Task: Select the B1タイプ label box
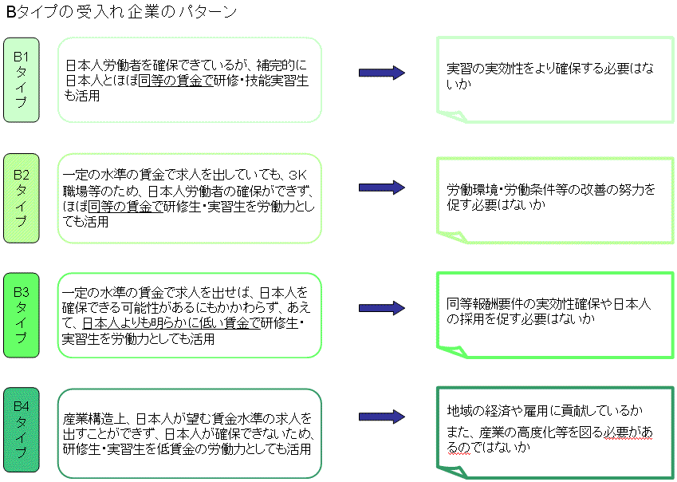click(x=22, y=79)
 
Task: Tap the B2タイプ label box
click(x=22, y=198)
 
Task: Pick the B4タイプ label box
click(x=22, y=431)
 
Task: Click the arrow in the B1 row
click(x=381, y=73)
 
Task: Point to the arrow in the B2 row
click(x=381, y=188)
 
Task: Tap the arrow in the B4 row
click(x=381, y=417)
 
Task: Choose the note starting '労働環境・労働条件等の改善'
click(x=550, y=197)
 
